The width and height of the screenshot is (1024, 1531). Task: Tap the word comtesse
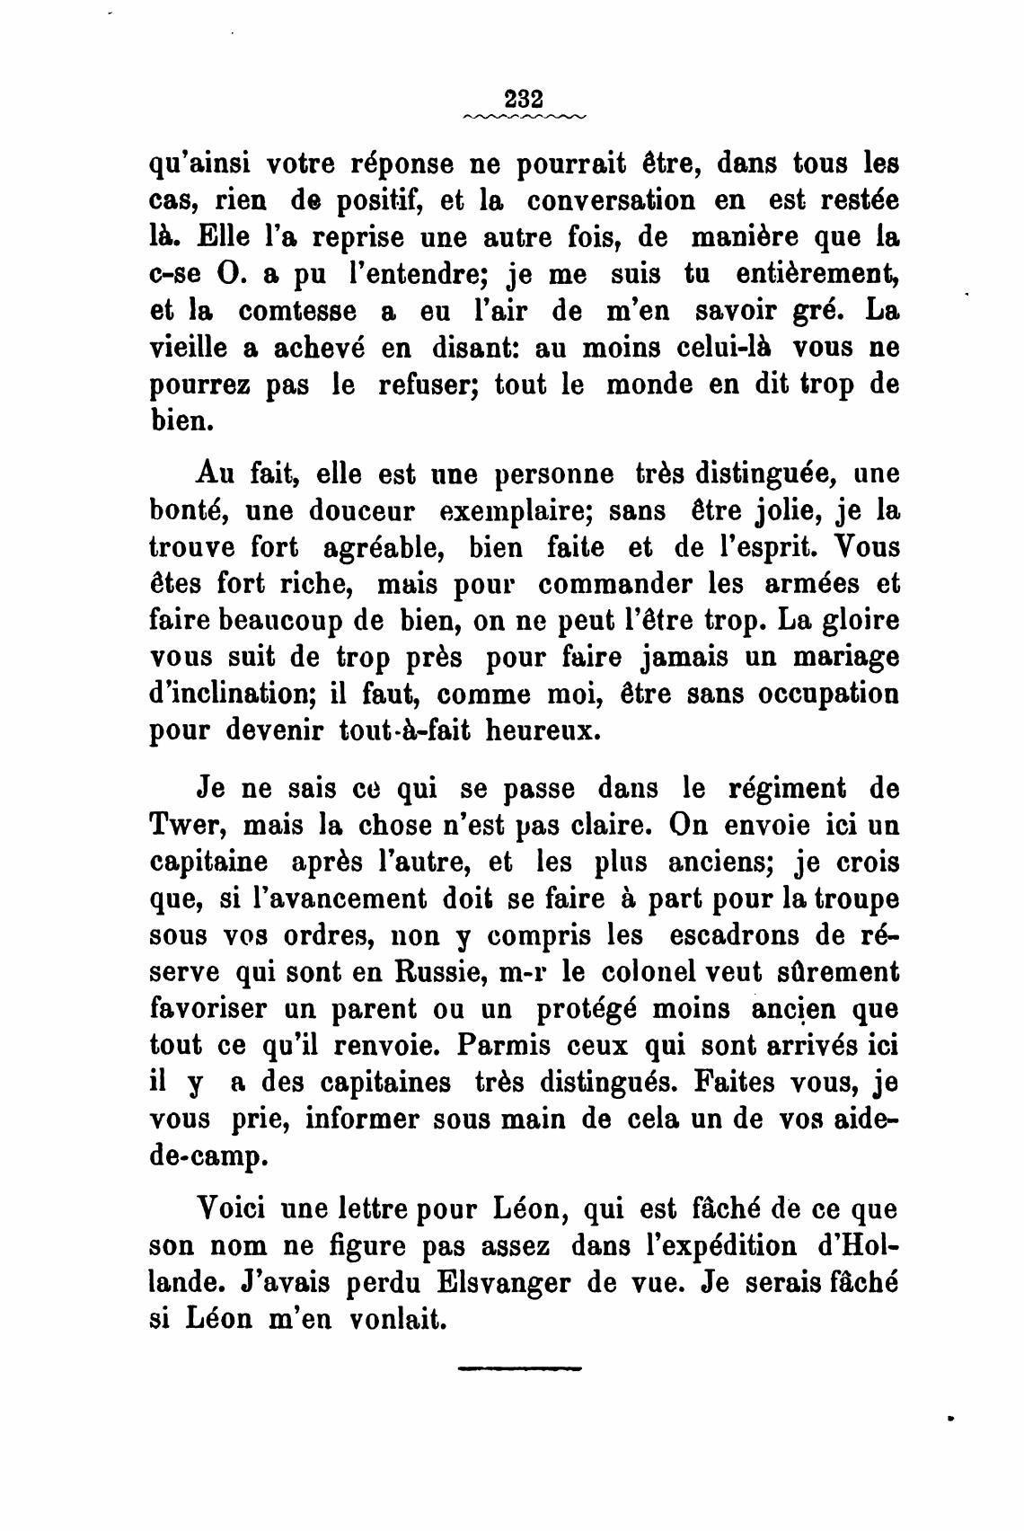(296, 311)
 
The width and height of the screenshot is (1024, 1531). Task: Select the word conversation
(612, 199)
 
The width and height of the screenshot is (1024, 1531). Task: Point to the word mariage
(843, 657)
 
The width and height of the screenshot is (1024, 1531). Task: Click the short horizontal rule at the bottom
(520, 1368)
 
